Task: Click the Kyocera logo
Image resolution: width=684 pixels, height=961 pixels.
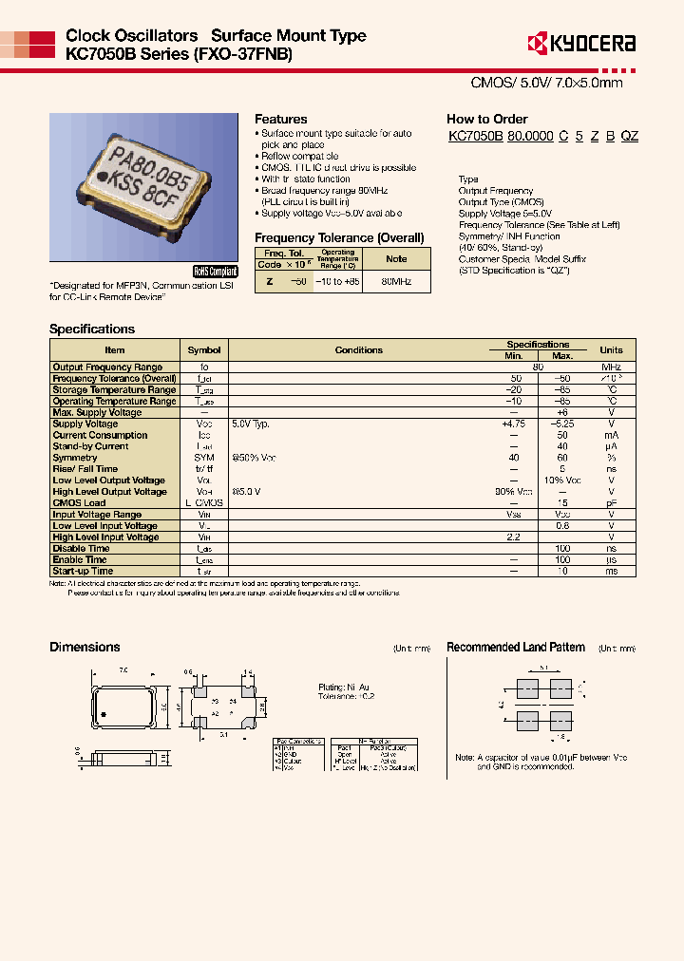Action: click(x=580, y=43)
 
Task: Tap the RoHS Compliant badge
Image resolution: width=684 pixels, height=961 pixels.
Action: click(x=215, y=271)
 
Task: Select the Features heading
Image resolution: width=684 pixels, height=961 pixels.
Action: click(x=280, y=120)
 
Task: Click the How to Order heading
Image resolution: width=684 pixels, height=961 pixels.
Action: click(x=486, y=120)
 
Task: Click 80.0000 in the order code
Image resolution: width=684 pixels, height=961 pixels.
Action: click(x=530, y=137)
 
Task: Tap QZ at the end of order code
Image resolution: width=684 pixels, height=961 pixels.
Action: click(x=629, y=137)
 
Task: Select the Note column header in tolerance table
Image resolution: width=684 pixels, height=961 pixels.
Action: click(x=396, y=258)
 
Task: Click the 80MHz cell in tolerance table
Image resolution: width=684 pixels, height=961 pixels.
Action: click(x=396, y=283)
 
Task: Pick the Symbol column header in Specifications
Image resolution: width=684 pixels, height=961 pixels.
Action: click(x=204, y=349)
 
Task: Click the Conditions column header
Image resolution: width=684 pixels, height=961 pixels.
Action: click(x=359, y=349)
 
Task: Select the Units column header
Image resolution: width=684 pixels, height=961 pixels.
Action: click(x=611, y=349)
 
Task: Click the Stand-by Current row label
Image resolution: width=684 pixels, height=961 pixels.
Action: click(x=90, y=446)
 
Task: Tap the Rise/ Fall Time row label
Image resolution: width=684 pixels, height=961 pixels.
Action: click(x=85, y=469)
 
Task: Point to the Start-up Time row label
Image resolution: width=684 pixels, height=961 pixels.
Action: click(x=83, y=572)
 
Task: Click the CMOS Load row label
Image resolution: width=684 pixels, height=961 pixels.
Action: click(x=79, y=503)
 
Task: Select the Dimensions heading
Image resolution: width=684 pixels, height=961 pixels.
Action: click(x=85, y=648)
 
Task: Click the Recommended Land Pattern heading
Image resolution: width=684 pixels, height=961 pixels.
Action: click(x=516, y=648)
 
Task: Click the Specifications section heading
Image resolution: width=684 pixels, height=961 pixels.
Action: click(x=92, y=330)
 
